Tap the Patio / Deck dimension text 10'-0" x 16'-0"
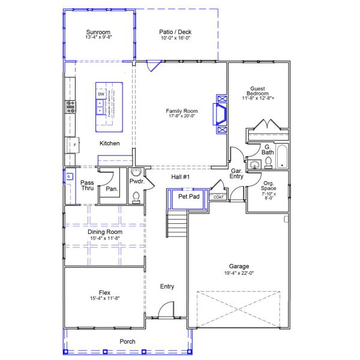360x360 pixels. pyautogui.click(x=176, y=37)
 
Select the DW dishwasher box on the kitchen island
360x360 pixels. pyautogui.click(x=101, y=95)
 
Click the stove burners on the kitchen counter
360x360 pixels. pyautogui.click(x=71, y=107)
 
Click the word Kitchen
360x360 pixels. pyautogui.click(x=109, y=143)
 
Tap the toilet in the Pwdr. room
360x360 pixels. pyautogui.click(x=136, y=196)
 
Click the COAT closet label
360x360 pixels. pyautogui.click(x=218, y=197)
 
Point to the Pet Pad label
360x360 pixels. pyautogui.click(x=189, y=196)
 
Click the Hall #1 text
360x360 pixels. pyautogui.click(x=181, y=177)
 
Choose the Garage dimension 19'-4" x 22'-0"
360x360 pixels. pyautogui.click(x=239, y=273)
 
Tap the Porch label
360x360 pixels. pyautogui.click(x=127, y=341)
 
